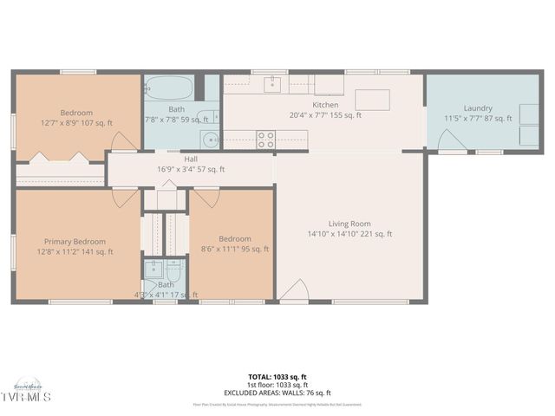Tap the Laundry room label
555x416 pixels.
tap(478, 108)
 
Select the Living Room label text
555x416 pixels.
tap(349, 224)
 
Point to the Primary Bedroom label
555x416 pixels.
tap(75, 242)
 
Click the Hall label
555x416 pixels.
tap(191, 159)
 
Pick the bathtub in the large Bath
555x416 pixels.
tap(172, 88)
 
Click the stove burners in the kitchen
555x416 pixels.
tap(265, 136)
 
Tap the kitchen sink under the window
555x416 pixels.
tap(274, 84)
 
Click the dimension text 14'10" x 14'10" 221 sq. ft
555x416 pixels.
tap(349, 234)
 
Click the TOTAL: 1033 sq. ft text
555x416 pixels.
tap(277, 377)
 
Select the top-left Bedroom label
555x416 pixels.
tap(76, 113)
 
